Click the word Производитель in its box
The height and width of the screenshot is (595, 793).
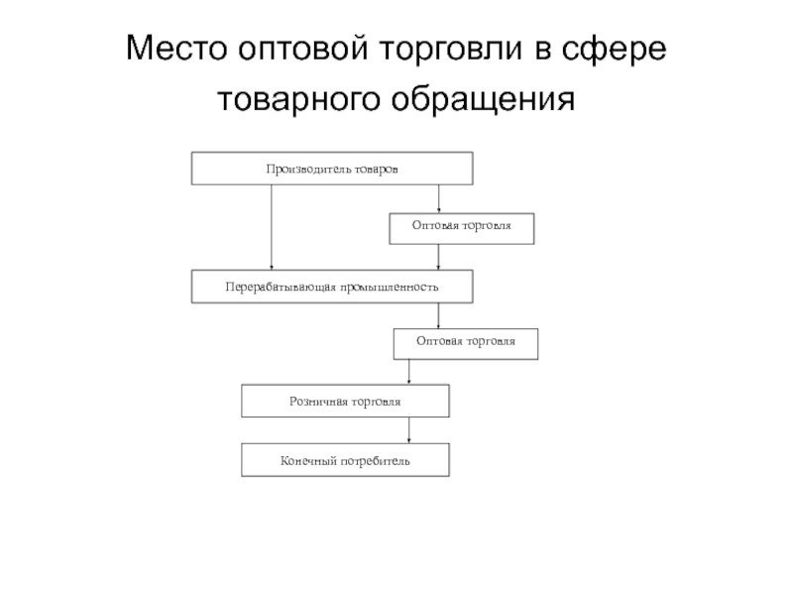coord(303,169)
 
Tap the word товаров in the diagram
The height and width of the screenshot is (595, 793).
coord(374,169)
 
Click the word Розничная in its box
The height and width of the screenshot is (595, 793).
coord(316,401)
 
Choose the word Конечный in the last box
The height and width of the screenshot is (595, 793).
coord(310,460)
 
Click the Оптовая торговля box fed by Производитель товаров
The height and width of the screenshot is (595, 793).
coord(462,228)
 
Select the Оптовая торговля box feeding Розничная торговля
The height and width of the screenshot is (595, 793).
coord(465,343)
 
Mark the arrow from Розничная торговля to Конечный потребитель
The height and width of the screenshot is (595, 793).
coord(410,429)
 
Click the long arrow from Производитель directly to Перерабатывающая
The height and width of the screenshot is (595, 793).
coord(271,227)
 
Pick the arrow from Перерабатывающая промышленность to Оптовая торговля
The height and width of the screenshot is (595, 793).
coord(439,315)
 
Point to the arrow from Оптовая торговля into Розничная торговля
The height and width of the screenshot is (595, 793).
coord(410,372)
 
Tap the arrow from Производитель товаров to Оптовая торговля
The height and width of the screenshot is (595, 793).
coord(439,198)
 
